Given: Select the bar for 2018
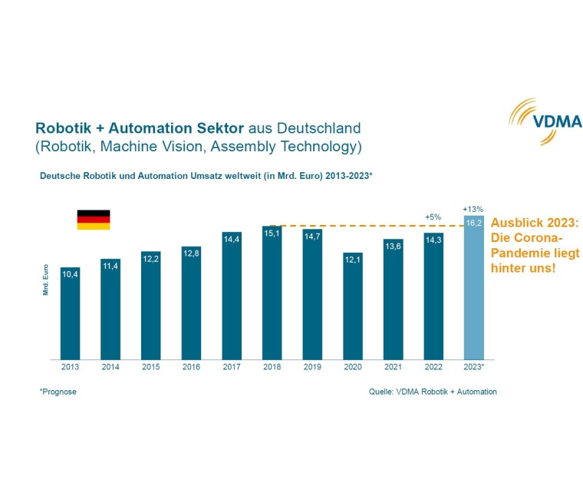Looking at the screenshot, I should pos(272,292).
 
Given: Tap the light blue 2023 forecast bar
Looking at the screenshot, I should pos(473,288).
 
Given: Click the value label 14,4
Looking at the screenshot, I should pos(232,240).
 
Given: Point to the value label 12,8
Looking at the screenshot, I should pos(191,253).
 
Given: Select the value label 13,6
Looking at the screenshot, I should pos(393,247).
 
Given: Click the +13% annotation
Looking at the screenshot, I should pos(473,208).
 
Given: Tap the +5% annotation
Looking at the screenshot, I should pos(433,217).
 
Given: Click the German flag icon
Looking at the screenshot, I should pos(93,220).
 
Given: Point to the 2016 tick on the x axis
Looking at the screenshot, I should pos(191,367).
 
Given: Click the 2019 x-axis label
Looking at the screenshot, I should pos(312,367).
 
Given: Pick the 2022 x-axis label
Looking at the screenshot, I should pos(433,367).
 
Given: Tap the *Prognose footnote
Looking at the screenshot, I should pos(58,392).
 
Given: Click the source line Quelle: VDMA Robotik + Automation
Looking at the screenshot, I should pos(433,392).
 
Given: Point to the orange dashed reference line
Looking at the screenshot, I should pos(368,226).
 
